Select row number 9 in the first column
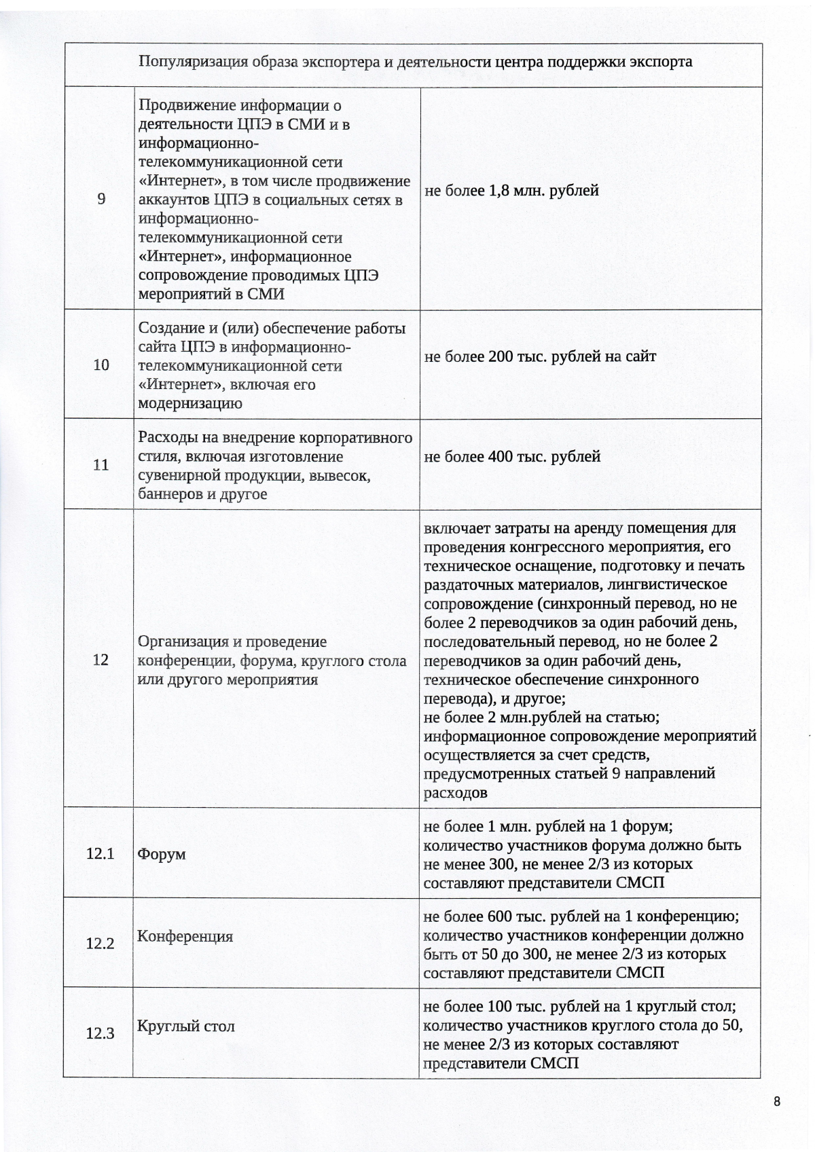[x=101, y=199]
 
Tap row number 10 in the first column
[x=101, y=365]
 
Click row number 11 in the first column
[x=101, y=465]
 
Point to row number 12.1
[x=100, y=853]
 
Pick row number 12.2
[x=100, y=944]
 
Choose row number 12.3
[x=100, y=1034]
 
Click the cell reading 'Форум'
[x=162, y=854]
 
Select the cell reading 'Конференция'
[x=185, y=936]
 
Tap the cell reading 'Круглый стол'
[x=185, y=1026]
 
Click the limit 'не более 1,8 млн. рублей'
[x=511, y=191]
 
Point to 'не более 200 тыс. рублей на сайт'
[x=540, y=356]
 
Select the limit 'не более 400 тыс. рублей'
[x=512, y=457]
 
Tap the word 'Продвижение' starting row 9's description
[x=179, y=105]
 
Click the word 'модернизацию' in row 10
[x=190, y=403]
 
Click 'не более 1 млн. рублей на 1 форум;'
[x=547, y=827]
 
